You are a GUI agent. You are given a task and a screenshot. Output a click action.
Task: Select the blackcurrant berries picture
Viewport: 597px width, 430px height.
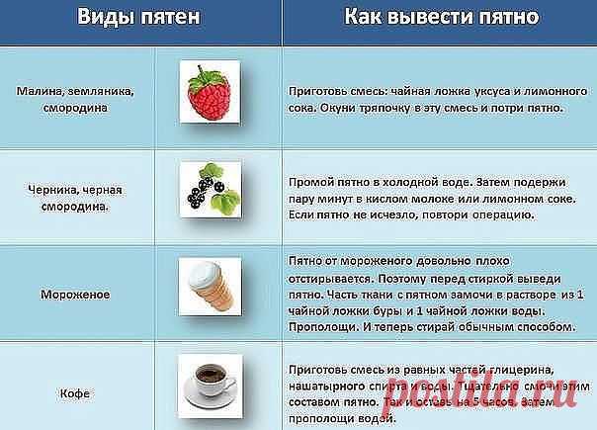click(x=211, y=189)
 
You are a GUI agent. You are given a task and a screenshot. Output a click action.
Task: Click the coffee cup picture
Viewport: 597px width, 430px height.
click(x=211, y=385)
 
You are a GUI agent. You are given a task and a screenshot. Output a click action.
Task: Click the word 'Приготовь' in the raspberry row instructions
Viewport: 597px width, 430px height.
click(x=314, y=87)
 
